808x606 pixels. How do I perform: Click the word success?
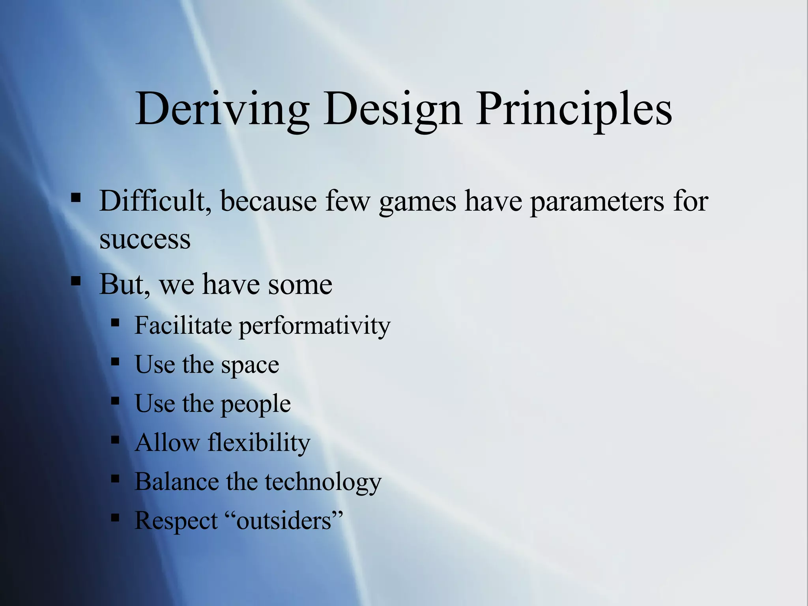click(x=145, y=239)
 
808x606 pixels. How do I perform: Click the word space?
click(x=250, y=365)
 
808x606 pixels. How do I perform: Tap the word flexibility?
click(x=259, y=443)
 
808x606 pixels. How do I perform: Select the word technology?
click(x=323, y=482)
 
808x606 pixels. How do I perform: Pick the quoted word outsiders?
click(x=289, y=520)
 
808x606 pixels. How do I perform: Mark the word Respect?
click(x=176, y=521)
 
